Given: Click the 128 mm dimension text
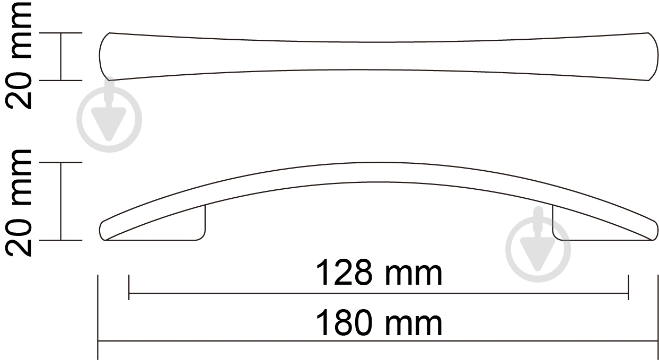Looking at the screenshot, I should pos(379,274).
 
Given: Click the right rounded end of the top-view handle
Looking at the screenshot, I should pos(651,56).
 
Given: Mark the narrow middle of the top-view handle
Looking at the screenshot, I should pos(379,56).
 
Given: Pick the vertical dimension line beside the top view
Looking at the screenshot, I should pos(61,56).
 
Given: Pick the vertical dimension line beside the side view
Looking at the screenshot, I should pos(61,201).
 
